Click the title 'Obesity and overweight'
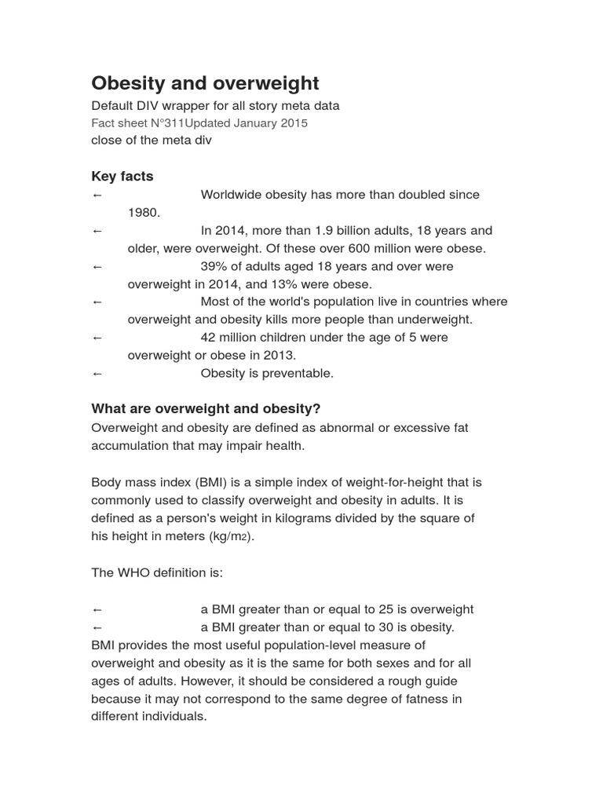pos(205,83)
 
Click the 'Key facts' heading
pos(122,176)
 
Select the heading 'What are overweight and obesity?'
pos(206,409)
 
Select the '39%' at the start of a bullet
pos(214,266)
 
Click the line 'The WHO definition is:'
pos(157,572)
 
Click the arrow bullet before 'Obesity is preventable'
pos(97,374)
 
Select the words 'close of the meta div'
pos(152,141)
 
